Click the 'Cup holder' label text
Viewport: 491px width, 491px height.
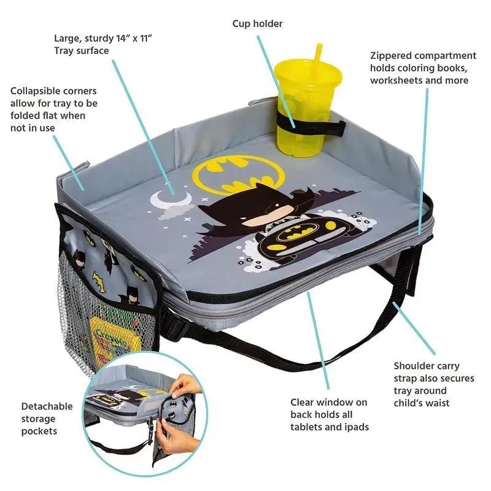257,24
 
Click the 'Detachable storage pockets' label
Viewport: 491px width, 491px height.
47,419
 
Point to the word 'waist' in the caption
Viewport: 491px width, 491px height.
437,403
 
